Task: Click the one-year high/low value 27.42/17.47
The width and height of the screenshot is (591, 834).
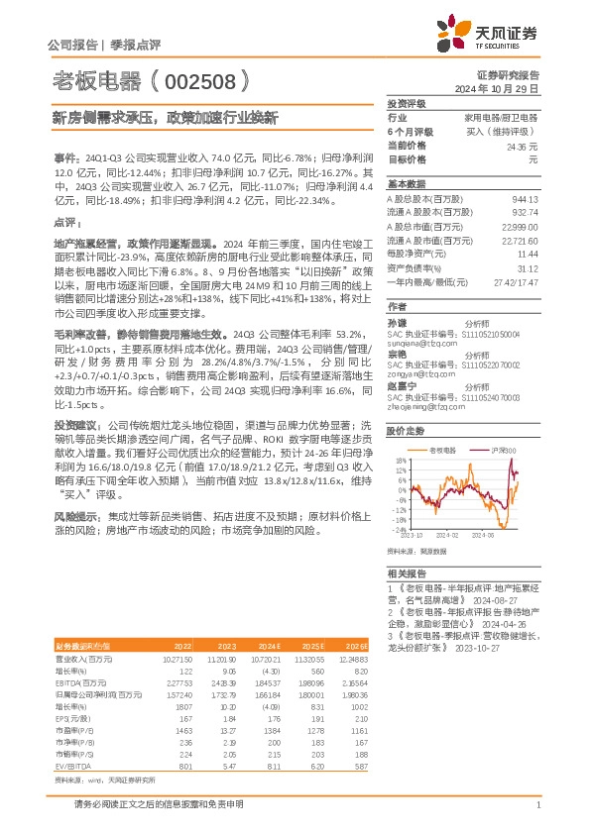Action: (x=516, y=282)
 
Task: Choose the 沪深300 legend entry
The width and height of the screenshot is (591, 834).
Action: (x=505, y=451)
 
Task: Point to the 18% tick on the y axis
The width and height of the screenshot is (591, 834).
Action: (x=399, y=461)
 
